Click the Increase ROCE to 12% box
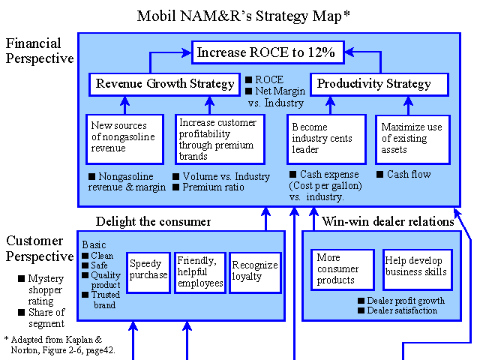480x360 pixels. click(268, 52)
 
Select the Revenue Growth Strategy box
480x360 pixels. click(165, 84)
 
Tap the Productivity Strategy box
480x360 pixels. click(379, 84)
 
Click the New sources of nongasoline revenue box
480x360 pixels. click(125, 139)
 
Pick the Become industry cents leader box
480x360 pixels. click(327, 139)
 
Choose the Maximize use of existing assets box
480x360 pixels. click(413, 139)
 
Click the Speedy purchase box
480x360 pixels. click(148, 273)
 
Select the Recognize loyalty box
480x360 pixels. click(255, 273)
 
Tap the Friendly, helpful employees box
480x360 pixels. click(200, 273)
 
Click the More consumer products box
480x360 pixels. click(343, 270)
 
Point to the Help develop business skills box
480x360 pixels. click(418, 270)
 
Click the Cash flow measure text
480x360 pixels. click(409, 174)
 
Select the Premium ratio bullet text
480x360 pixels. click(213, 187)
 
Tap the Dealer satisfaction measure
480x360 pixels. click(402, 310)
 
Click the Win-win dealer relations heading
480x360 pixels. click(388, 221)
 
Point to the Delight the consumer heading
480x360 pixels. click(153, 222)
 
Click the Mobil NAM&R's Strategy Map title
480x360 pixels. click(243, 16)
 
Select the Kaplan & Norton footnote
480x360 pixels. click(60, 345)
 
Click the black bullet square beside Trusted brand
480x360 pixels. click(85, 295)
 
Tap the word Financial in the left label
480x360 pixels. click(33, 43)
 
